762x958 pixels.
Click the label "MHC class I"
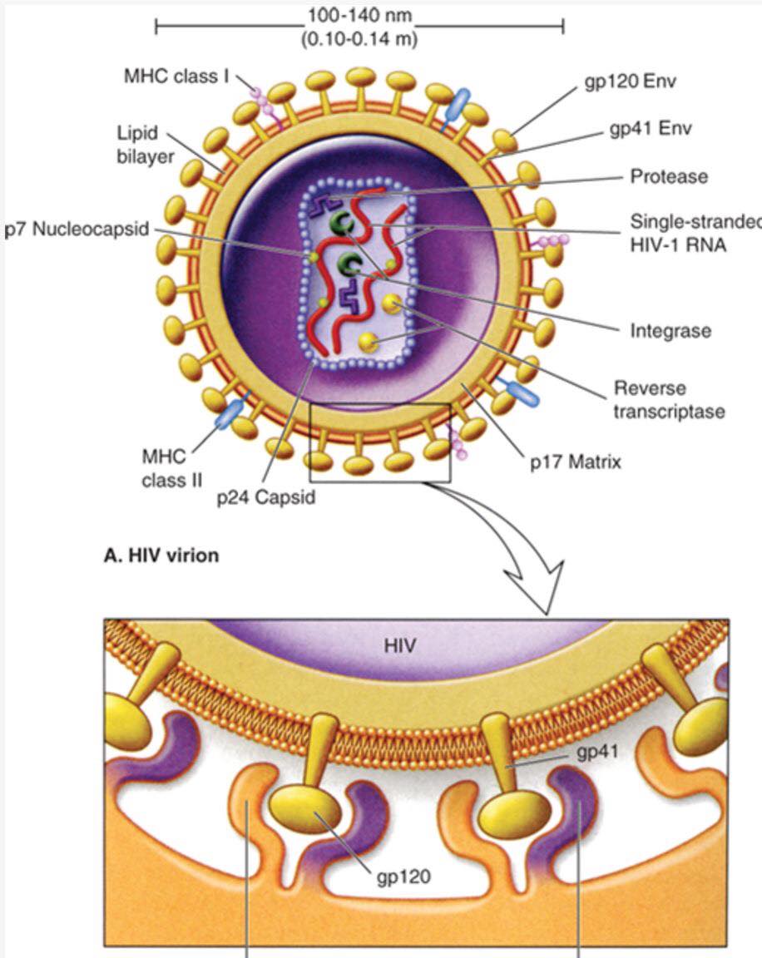pyautogui.click(x=176, y=77)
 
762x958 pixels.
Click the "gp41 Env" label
pyautogui.click(x=650, y=129)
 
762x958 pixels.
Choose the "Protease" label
pyautogui.click(x=669, y=176)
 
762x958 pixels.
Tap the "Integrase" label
pyautogui.click(x=670, y=331)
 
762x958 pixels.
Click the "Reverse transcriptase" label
pyautogui.click(x=669, y=399)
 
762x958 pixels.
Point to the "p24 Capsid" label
pyautogui.click(x=265, y=498)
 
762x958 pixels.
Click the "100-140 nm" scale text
pyautogui.click(x=359, y=17)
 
